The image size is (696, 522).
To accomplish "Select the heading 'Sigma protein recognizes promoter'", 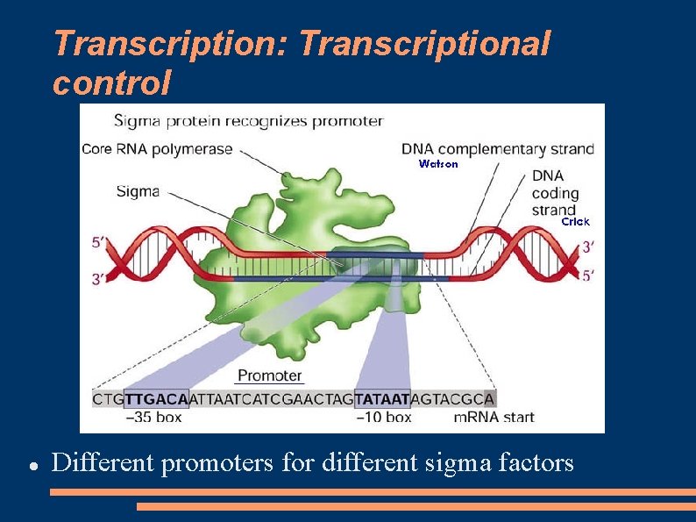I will tap(248, 120).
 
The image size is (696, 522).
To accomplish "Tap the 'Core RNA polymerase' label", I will tap(157, 148).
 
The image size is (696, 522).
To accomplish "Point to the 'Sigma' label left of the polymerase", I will tap(137, 190).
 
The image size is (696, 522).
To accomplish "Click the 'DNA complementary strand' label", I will tap(497, 148).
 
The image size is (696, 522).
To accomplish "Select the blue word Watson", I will tap(438, 164).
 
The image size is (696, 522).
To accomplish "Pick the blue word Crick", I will tap(576, 222).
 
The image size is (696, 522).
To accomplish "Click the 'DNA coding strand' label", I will tap(555, 192).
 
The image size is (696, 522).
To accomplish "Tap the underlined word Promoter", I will tap(270, 375).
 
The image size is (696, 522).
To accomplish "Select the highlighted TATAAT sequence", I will tap(382, 398).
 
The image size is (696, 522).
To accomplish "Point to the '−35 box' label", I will tap(153, 418).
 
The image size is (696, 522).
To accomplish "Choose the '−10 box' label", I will tap(383, 418).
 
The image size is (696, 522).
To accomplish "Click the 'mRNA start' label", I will tap(494, 418).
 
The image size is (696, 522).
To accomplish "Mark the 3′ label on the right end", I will tap(593, 247).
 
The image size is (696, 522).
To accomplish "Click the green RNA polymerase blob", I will tap(289, 298).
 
